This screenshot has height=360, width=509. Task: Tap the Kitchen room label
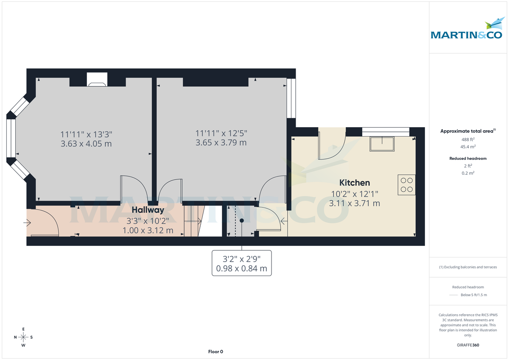[x=355, y=183]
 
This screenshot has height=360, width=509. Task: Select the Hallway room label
[x=148, y=210]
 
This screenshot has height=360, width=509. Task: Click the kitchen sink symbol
[x=382, y=144]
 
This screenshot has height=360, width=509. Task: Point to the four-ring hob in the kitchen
[x=406, y=184]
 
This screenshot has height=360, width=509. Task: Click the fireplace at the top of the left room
[x=97, y=80]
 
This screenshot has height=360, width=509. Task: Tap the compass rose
[x=23, y=337]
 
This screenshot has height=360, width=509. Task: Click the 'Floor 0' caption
[x=215, y=352]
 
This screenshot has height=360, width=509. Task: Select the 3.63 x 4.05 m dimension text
[x=86, y=144]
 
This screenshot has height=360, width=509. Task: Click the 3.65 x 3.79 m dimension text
[x=221, y=143]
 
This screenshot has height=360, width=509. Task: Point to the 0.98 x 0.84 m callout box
[x=242, y=263]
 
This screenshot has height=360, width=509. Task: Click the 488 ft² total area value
[x=468, y=140]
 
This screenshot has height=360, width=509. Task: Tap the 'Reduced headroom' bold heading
[x=468, y=159]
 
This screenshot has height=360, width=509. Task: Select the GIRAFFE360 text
[x=468, y=345]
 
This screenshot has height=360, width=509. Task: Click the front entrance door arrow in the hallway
[x=28, y=222]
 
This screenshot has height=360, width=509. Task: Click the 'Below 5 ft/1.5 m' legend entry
[x=473, y=295]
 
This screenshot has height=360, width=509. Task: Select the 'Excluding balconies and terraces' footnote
[x=468, y=267]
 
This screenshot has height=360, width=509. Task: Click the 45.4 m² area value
[x=468, y=147]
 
